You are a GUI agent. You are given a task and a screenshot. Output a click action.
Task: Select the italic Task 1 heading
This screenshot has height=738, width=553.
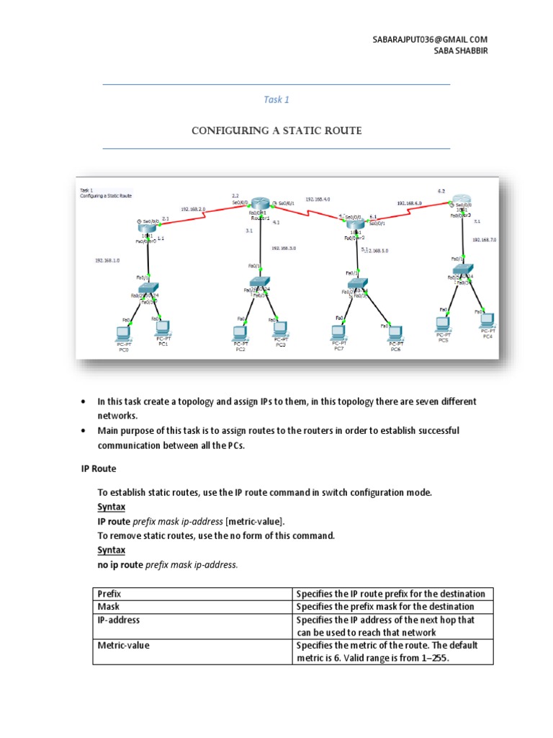[276, 100]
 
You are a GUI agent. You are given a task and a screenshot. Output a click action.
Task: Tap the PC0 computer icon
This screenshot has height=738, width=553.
[123, 332]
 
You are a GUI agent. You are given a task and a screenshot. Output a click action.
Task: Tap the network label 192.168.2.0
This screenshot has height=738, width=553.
[193, 208]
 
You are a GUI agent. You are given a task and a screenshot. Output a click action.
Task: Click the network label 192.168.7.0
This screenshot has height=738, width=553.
[484, 239]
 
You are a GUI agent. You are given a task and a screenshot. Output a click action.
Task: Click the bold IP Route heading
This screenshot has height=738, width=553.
[98, 468]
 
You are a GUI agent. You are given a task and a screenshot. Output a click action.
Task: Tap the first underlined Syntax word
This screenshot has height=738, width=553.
[111, 507]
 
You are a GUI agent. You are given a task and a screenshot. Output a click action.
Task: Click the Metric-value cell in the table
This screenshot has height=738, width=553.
[123, 646]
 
